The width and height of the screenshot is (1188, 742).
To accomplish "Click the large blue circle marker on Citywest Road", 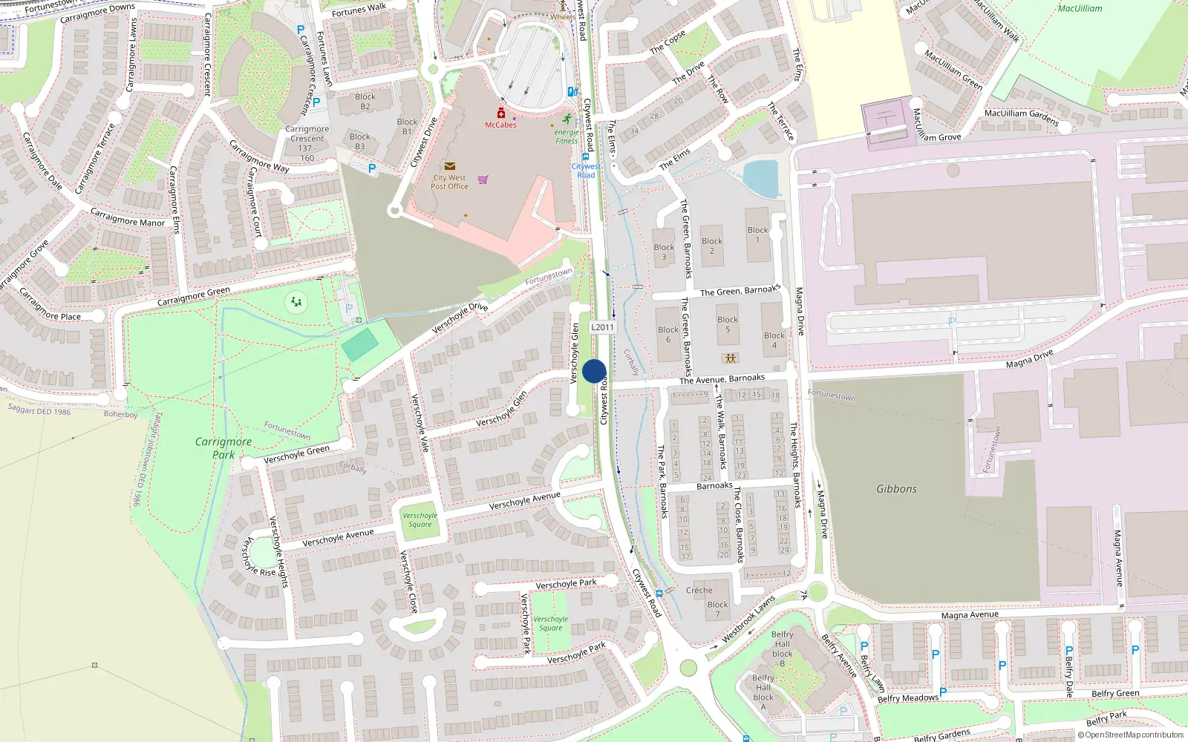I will coord(594,371).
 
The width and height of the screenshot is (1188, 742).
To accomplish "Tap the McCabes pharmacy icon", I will coord(501,114).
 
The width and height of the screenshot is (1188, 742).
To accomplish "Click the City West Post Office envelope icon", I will coord(449,167).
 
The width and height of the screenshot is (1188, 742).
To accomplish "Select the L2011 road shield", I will coord(602,327).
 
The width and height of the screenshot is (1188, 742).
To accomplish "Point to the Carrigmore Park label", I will coord(223,447).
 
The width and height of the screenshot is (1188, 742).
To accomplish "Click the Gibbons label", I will coord(896,489).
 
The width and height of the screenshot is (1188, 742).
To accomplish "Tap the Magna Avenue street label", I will coord(969,615).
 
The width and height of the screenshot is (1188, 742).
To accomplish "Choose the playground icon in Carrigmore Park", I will coord(296,302).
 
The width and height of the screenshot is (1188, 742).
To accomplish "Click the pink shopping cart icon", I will coord(483,179).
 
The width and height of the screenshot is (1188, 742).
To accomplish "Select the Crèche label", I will coord(699,591).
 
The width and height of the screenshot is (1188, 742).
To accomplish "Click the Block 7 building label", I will coord(717,609).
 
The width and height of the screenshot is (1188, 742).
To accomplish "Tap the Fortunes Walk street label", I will coord(359,10).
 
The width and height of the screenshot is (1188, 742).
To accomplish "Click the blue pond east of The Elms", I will coord(761,179).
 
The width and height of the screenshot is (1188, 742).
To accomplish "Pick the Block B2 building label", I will coord(365,102).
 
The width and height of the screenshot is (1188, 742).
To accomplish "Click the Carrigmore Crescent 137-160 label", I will coord(307,143).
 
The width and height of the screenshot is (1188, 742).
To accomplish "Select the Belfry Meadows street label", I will coord(908,698).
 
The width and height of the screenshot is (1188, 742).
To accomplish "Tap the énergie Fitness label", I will coord(567,137).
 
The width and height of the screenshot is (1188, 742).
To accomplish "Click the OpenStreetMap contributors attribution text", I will coord(1131,735).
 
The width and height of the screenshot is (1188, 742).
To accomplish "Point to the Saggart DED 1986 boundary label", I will coord(39,410).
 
